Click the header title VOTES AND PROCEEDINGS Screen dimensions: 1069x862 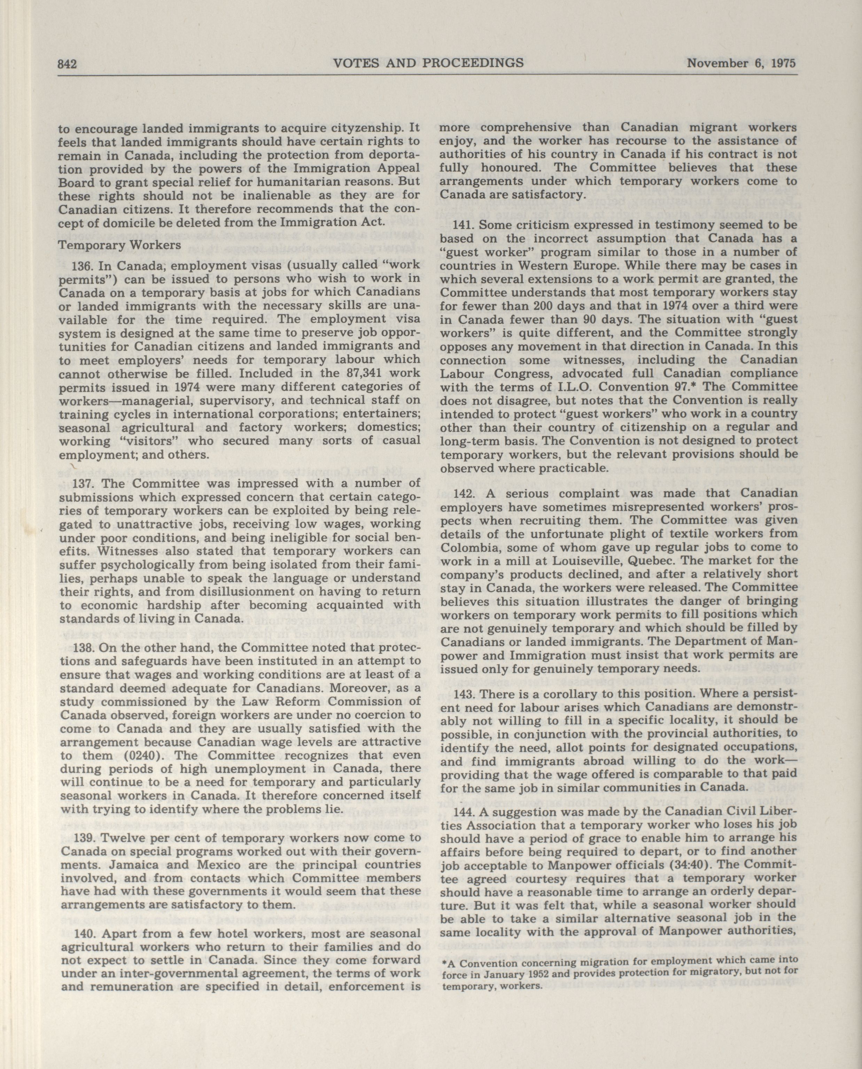(428, 63)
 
